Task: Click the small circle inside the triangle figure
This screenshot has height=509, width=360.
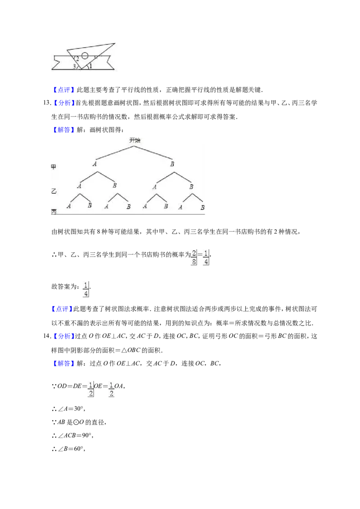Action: tap(85, 55)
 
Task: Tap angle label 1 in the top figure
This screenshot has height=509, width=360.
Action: tap(90, 66)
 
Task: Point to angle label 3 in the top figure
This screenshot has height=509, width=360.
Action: tap(74, 67)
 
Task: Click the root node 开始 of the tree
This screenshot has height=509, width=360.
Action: tap(135, 140)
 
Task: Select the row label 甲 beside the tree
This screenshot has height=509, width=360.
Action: tap(54, 166)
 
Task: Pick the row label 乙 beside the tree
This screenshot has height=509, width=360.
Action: tap(54, 191)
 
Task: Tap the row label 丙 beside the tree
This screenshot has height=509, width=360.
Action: tap(54, 211)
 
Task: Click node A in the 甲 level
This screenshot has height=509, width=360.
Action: tap(94, 164)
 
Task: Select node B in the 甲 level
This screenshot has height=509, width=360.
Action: tap(172, 164)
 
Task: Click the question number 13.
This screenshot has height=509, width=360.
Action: tap(46, 103)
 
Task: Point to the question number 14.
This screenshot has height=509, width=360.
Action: tap(46, 336)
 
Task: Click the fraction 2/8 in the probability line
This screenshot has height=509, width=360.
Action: tap(194, 257)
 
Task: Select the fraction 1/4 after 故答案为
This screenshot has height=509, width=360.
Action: tap(86, 289)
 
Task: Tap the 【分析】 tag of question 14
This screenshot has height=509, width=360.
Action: tap(63, 336)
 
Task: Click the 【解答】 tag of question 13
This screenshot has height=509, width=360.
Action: tap(63, 130)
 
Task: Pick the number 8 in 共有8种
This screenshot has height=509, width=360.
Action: tap(99, 232)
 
